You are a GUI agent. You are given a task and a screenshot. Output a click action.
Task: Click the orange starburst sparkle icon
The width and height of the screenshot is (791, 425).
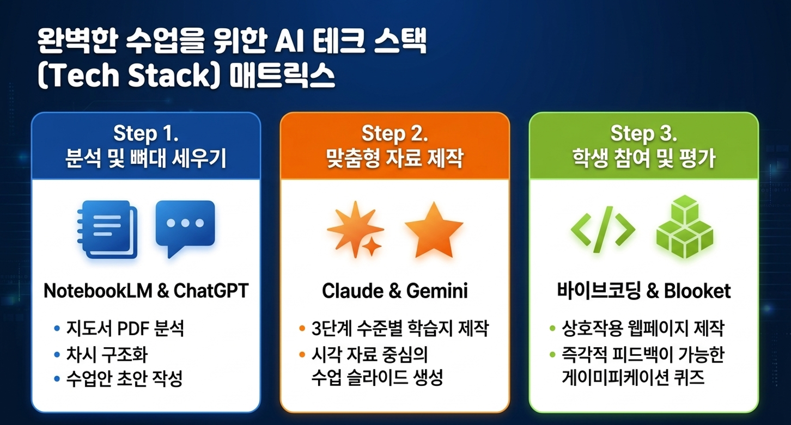click(x=356, y=229)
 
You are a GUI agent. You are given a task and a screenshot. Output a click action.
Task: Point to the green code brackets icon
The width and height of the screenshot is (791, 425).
click(x=603, y=230)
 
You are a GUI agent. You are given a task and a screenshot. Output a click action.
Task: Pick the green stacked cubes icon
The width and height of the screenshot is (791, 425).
click(x=685, y=227)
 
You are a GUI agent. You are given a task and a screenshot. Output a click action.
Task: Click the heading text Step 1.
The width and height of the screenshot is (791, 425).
click(x=146, y=134)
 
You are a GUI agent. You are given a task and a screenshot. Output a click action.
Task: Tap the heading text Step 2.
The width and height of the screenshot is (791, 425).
click(x=395, y=134)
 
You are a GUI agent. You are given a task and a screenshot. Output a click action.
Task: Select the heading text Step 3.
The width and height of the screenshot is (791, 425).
click(x=644, y=134)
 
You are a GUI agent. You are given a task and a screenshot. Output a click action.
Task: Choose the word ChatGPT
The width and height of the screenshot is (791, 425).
click(x=211, y=291)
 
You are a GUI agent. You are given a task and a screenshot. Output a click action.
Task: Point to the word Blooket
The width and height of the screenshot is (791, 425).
click(x=697, y=291)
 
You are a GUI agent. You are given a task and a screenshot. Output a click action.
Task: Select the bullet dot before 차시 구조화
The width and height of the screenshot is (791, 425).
click(x=57, y=354)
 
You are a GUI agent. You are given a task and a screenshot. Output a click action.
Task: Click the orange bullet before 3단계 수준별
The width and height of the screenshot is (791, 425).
click(x=302, y=328)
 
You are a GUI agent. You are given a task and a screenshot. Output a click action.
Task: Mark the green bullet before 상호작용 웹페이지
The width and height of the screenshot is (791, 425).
click(x=552, y=329)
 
